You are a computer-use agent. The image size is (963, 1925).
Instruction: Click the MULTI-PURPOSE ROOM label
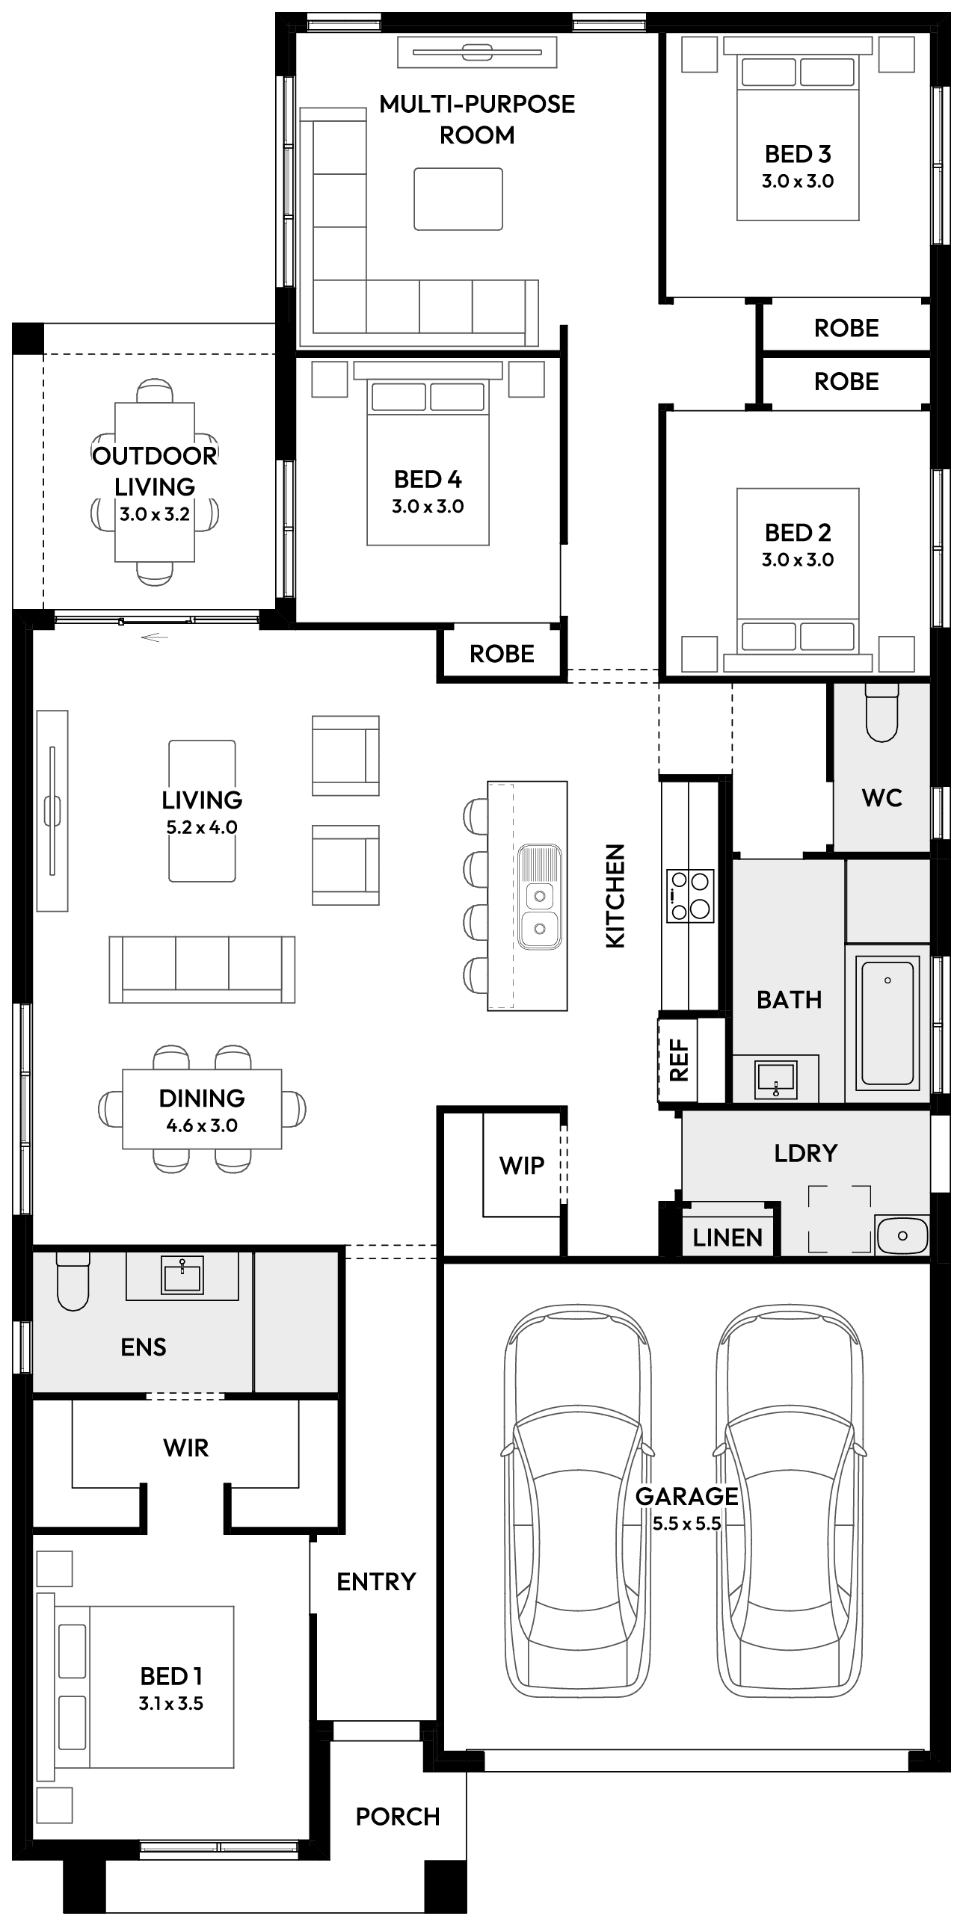(x=477, y=120)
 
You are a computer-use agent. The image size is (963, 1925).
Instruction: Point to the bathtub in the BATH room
(x=887, y=1022)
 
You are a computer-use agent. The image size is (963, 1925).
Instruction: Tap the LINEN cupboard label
(x=727, y=1237)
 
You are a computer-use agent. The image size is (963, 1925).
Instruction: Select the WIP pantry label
(x=522, y=1165)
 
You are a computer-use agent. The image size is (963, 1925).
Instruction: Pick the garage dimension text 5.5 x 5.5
(x=686, y=1523)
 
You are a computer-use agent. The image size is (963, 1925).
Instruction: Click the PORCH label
(x=398, y=1817)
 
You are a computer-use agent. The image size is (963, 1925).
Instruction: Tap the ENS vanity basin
(x=182, y=1276)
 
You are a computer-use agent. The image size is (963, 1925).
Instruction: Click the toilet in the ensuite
(x=73, y=1281)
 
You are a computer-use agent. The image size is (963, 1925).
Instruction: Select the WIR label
(x=186, y=1447)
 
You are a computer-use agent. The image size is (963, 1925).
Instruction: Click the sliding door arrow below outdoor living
(x=154, y=637)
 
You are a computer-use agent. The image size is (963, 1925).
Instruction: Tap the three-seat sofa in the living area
(x=202, y=969)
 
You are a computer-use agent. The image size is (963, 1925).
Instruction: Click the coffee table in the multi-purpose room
(x=458, y=199)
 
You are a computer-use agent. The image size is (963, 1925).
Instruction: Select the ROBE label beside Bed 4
(x=502, y=654)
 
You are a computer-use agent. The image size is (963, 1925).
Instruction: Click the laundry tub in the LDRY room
(x=902, y=1236)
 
